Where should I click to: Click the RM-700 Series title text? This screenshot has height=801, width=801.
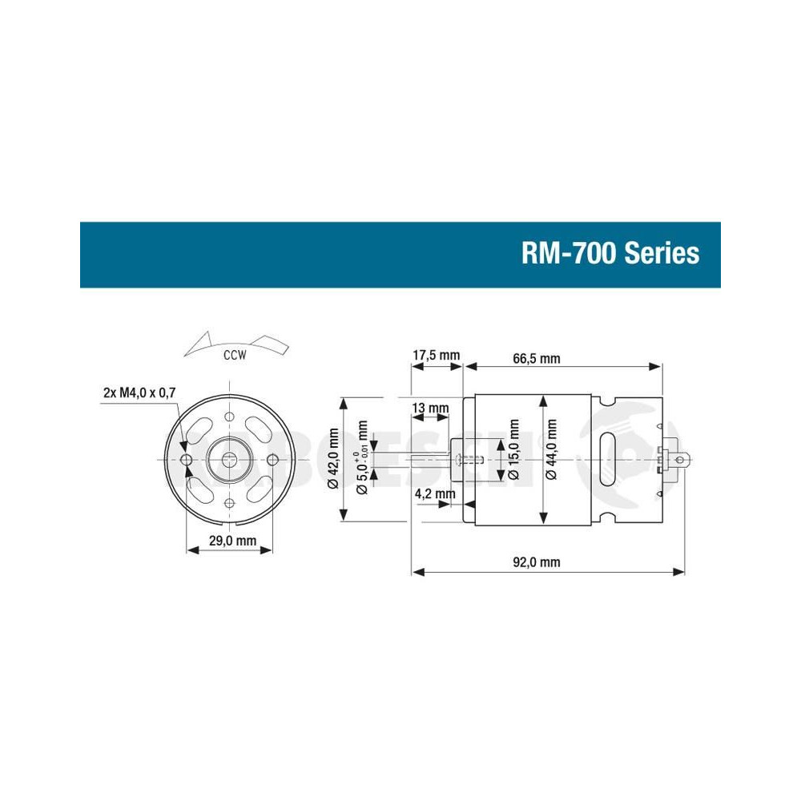(610, 254)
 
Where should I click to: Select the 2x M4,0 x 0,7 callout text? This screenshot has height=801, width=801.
(139, 392)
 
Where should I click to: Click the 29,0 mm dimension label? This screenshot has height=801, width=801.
(232, 541)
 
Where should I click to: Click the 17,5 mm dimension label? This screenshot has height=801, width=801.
(437, 356)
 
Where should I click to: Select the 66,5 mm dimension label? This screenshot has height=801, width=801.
(537, 358)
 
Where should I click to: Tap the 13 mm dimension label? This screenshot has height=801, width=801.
(430, 409)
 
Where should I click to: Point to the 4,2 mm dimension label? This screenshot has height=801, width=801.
(435, 493)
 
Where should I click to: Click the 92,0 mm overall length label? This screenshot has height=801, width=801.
(536, 562)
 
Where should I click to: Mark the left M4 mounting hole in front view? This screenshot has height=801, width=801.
(187, 460)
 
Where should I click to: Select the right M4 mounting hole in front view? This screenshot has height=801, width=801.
(273, 460)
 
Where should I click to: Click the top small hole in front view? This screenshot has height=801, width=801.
(230, 417)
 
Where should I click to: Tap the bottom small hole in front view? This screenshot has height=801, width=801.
(230, 502)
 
